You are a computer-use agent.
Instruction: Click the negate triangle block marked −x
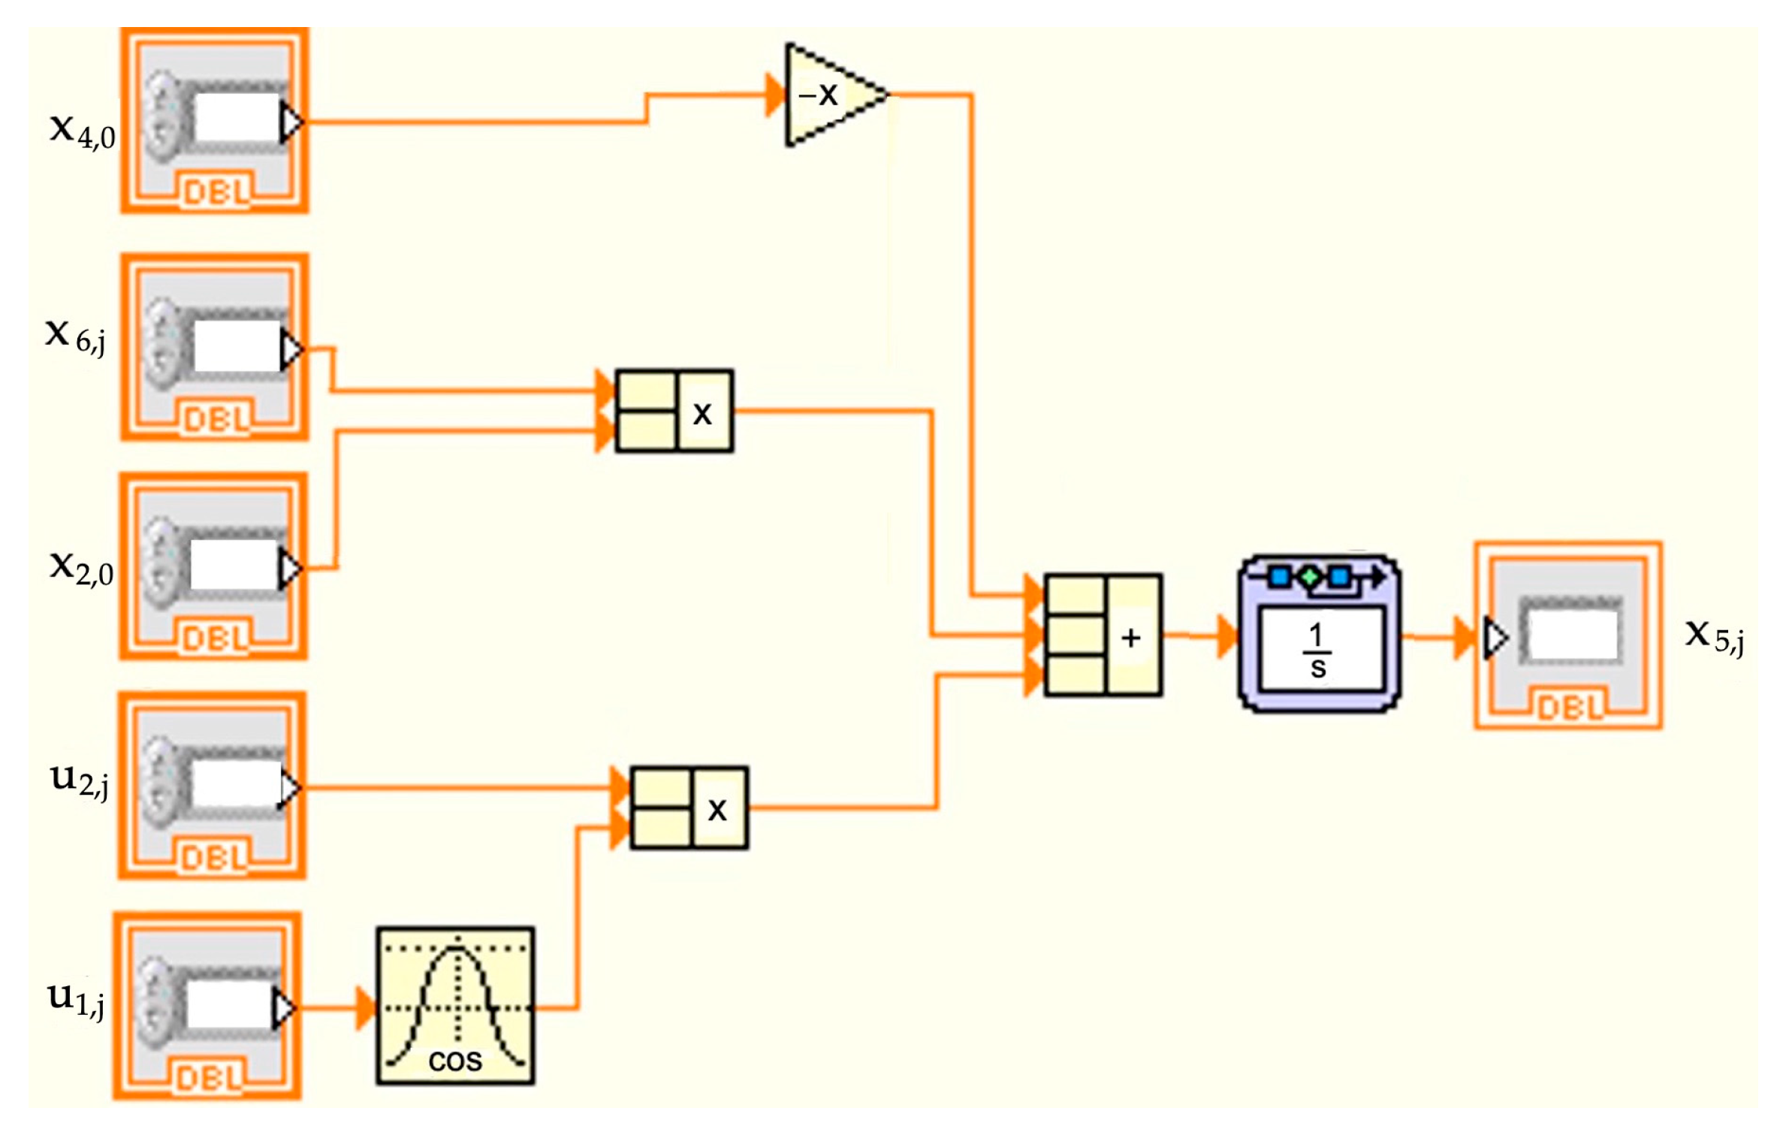pos(830,95)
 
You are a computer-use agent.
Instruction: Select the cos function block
pos(455,1005)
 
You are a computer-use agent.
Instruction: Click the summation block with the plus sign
pos(1103,635)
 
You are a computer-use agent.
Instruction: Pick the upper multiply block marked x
pos(674,411)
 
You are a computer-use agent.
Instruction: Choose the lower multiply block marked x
pos(689,808)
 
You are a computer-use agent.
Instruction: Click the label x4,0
pos(82,131)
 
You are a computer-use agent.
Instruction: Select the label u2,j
pos(79,781)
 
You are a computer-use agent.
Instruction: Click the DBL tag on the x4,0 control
pos(216,194)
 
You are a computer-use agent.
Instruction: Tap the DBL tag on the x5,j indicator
pos(1569,708)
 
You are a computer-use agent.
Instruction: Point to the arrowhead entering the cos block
pos(365,1008)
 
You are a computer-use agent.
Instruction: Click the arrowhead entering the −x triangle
pos(774,95)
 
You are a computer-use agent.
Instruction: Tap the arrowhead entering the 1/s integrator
pos(1227,636)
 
